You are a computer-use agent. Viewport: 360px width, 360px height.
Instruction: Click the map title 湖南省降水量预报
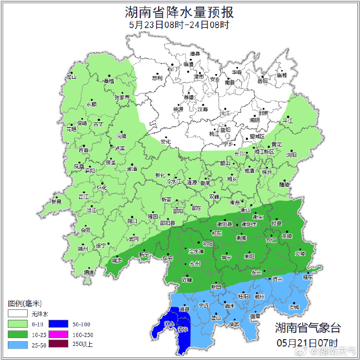(179, 11)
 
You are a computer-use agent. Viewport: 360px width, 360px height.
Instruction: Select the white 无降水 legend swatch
(17, 314)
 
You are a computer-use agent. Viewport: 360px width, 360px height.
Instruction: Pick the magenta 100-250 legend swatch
(62, 334)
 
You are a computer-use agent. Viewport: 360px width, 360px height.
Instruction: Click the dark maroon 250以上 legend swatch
(62, 344)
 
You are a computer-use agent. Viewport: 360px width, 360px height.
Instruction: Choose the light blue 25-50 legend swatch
(17, 345)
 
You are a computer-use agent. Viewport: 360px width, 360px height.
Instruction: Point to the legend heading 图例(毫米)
(25, 304)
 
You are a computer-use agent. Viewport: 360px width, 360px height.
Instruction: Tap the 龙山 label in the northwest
(71, 77)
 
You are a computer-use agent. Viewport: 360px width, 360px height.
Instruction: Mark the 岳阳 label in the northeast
(262, 81)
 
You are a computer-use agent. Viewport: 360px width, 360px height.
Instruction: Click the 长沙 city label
(239, 154)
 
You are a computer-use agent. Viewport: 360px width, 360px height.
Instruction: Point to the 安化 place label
(165, 141)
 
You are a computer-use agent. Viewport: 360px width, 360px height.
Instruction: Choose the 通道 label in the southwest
(89, 272)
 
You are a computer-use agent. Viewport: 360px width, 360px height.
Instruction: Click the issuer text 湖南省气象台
(308, 328)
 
